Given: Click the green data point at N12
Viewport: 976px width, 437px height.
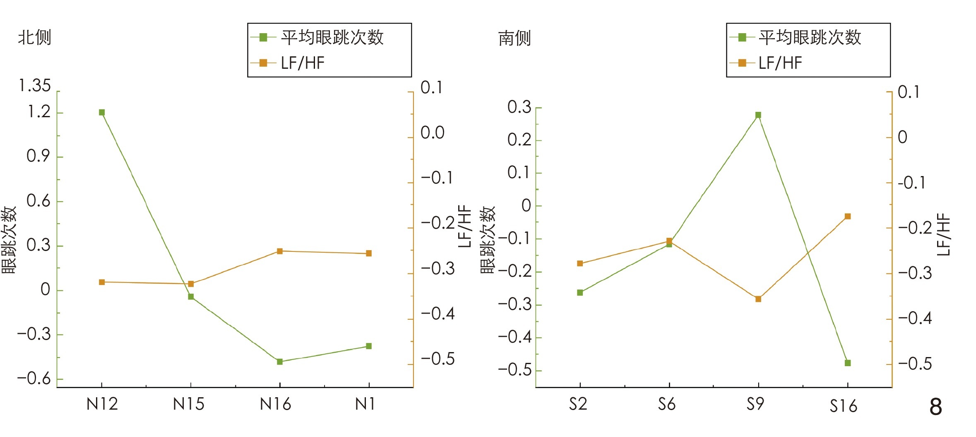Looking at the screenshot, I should [102, 112].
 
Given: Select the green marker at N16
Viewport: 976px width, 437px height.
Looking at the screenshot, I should [280, 362].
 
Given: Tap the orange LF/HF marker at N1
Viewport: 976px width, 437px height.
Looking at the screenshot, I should [369, 253].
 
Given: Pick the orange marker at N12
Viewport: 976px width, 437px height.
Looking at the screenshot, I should [102, 282].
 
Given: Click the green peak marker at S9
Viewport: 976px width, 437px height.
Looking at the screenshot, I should [758, 115].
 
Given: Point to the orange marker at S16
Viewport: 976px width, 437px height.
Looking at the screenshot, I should [848, 216].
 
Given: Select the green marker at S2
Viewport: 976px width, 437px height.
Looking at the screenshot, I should [580, 292].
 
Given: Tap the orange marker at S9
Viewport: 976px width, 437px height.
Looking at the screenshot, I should [758, 299].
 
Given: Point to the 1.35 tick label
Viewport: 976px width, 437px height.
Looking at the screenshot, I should [35, 86].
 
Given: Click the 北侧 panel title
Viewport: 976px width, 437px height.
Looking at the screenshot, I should [35, 37].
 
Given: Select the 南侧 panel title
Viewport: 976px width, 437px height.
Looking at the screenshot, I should [514, 38].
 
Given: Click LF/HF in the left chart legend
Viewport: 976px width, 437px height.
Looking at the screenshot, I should [303, 63].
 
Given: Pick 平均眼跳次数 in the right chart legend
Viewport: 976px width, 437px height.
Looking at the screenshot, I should [810, 37].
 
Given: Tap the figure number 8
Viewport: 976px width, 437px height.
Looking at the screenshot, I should [936, 407].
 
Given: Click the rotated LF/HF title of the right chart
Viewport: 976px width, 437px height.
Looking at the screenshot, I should [943, 234].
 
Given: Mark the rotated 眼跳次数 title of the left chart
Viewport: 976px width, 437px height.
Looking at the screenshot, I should [9, 240].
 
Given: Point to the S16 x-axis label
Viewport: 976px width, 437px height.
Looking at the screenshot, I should [843, 406].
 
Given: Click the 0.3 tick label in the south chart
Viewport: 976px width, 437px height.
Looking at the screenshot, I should [519, 107].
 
